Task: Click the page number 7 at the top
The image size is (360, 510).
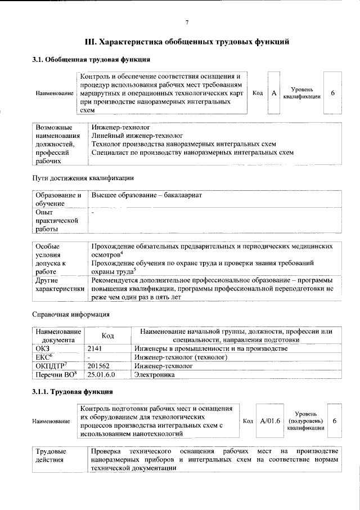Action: click(x=187, y=22)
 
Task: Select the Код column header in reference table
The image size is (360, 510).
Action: click(x=108, y=335)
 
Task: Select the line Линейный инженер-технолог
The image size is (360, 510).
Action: click(x=137, y=136)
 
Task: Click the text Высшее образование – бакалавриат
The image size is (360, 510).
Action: click(x=146, y=195)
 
